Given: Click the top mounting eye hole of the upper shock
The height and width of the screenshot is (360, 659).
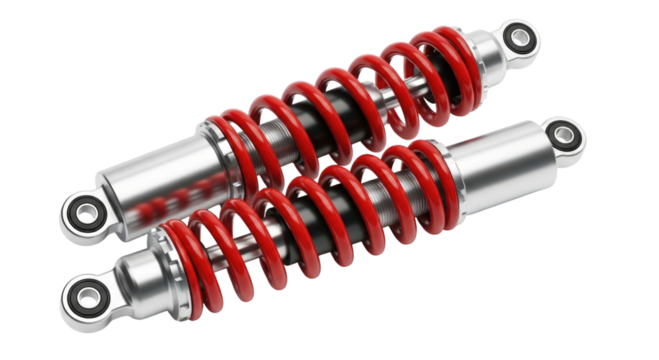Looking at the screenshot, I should (520, 39).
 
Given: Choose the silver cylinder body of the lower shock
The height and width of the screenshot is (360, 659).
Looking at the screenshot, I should (505, 165).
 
